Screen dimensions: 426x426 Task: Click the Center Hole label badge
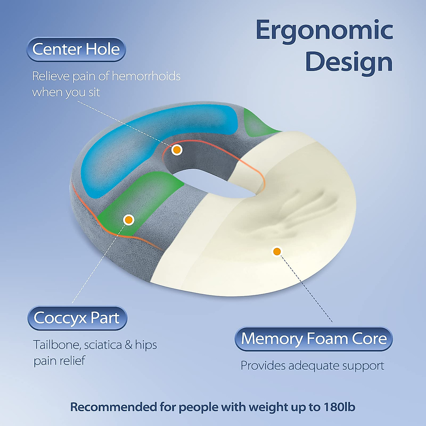76,49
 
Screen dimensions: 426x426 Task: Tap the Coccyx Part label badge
77,318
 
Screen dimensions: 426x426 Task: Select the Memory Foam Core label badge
313,339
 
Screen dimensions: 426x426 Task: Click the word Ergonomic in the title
324,31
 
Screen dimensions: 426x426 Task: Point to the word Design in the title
349,62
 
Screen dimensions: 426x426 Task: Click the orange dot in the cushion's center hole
176,150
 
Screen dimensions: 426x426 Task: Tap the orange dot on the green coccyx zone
129,220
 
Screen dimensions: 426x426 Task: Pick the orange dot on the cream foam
277,251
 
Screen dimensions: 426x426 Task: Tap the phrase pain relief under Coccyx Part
59,361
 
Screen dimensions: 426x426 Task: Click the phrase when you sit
66,92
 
